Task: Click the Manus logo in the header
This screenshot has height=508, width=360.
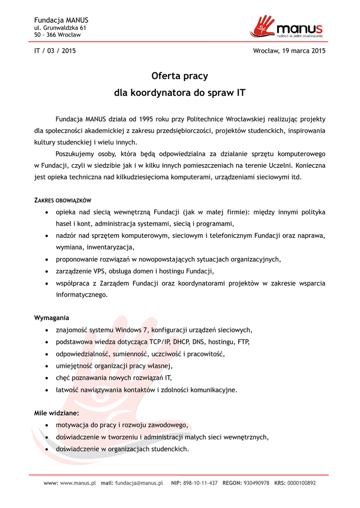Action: tap(288, 27)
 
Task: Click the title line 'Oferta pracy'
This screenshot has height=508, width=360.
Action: tap(180, 76)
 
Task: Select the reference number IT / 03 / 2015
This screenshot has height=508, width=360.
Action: tap(55, 51)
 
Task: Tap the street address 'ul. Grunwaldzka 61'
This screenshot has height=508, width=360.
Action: tap(60, 28)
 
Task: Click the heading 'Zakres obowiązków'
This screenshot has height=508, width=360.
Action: tap(63, 200)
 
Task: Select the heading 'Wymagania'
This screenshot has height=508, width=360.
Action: tap(52, 317)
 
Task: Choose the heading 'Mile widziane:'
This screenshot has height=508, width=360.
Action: tap(56, 413)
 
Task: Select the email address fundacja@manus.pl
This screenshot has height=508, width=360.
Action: tap(139, 483)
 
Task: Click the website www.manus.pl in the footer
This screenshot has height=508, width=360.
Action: tap(78, 483)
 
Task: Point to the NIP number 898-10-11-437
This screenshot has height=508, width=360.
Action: tap(201, 483)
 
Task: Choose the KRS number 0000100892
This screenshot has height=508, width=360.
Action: tap(301, 483)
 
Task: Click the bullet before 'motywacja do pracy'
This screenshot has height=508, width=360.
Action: tap(47, 426)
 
